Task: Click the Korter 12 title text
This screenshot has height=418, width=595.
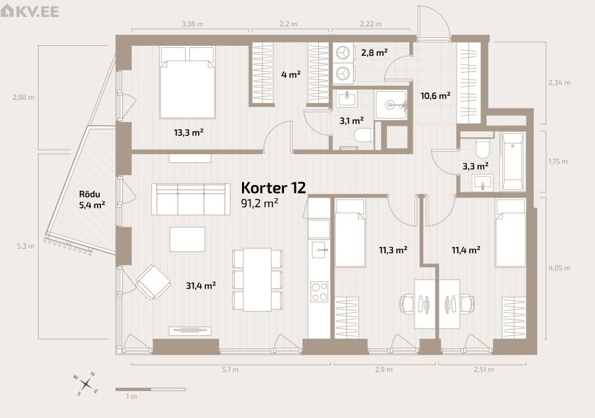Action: pyautogui.click(x=273, y=188)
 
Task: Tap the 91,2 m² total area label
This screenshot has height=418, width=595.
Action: pyautogui.click(x=260, y=203)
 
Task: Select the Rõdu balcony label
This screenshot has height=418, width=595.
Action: pyautogui.click(x=90, y=194)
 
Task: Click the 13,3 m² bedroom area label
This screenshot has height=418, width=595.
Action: pyautogui.click(x=188, y=133)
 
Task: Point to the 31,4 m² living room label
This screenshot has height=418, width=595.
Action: pyautogui.click(x=201, y=285)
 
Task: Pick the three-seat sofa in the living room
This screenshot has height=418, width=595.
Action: pyautogui.click(x=191, y=199)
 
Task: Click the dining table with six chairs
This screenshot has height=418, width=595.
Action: pyautogui.click(x=257, y=280)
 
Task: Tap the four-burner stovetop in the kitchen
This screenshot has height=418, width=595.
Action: pyautogui.click(x=319, y=292)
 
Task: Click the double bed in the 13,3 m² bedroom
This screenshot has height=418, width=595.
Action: pyautogui.click(x=188, y=82)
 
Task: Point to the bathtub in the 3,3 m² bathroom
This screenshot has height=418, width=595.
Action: pyautogui.click(x=512, y=161)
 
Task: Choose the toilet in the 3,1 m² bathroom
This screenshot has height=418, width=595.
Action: pyautogui.click(x=363, y=135)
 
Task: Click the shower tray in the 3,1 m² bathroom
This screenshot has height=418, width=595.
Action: pyautogui.click(x=391, y=105)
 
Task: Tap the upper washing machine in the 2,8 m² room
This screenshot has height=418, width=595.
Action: pyautogui.click(x=344, y=52)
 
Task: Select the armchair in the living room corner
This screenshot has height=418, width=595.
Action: pyautogui.click(x=153, y=282)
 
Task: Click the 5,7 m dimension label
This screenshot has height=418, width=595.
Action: pyautogui.click(x=230, y=369)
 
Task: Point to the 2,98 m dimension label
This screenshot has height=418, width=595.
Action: pyautogui.click(x=24, y=97)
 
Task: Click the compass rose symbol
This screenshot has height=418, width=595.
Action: pyautogui.click(x=86, y=383)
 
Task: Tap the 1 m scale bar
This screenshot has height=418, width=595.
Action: pyautogui.click(x=150, y=389)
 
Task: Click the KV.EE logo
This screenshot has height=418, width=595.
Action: pyautogui.click(x=30, y=10)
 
